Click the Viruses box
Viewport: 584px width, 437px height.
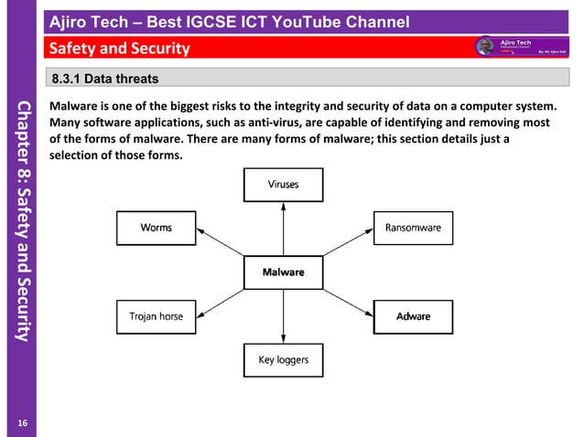click(x=283, y=185)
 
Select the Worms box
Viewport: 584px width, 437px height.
click(x=156, y=228)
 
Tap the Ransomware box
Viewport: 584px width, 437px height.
click(x=413, y=228)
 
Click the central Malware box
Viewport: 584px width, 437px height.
click(x=283, y=272)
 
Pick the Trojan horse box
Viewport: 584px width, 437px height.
click(x=156, y=317)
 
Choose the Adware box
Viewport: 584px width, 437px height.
click(x=413, y=317)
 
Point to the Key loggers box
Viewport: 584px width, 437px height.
click(x=283, y=360)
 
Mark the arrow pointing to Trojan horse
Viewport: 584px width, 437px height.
click(x=219, y=295)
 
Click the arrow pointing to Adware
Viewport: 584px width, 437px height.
click(x=349, y=295)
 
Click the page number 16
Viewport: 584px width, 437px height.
click(x=23, y=421)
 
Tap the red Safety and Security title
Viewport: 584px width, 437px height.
click(x=120, y=48)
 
